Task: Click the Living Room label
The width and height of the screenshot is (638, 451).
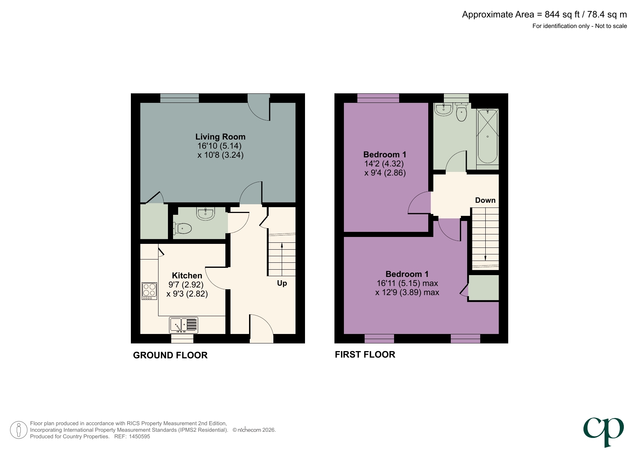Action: tap(220, 137)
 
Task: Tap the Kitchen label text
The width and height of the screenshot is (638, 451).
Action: tap(187, 275)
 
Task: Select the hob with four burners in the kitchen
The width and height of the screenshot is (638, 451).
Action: tap(149, 291)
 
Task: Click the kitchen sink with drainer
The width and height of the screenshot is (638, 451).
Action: tap(184, 325)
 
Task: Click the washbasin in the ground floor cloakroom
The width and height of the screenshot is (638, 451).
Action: tap(206, 213)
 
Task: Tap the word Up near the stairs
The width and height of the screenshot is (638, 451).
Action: tap(282, 283)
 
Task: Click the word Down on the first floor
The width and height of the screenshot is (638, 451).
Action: tap(485, 200)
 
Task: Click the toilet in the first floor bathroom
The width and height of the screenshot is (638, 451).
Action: tap(461, 112)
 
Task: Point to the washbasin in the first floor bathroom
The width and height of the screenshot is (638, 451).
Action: tap(444, 109)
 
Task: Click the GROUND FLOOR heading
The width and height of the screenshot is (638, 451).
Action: tap(170, 355)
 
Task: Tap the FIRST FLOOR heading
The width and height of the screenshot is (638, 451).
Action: tap(365, 354)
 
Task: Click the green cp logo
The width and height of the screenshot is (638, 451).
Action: tap(603, 431)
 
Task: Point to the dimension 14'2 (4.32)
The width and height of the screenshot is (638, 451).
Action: tap(384, 164)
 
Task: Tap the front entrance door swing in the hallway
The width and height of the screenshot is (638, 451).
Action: tap(261, 329)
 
